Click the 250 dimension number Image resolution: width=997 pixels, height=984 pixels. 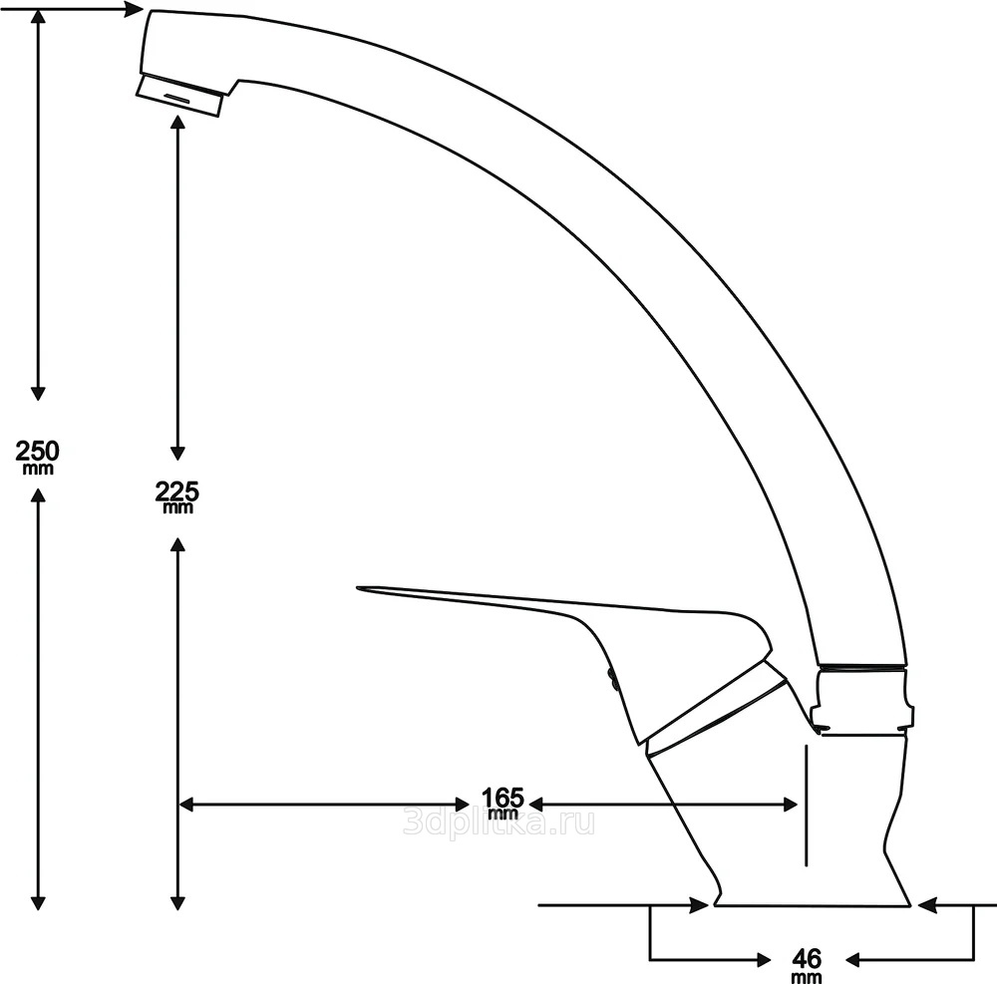[x=38, y=450]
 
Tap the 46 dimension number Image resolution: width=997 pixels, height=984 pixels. [x=807, y=958]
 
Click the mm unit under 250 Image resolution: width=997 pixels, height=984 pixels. [x=38, y=468]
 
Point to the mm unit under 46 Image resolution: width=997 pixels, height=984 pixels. [x=807, y=977]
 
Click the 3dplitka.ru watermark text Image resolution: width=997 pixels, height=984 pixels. [x=498, y=822]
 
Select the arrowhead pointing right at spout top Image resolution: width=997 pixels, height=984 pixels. [x=134, y=10]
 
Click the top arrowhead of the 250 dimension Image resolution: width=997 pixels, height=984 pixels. [x=38, y=18]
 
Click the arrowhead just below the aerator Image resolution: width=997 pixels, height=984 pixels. [x=177, y=126]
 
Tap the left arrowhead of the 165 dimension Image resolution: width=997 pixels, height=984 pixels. [x=186, y=804]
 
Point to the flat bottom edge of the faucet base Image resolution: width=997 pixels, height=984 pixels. [x=813, y=906]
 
